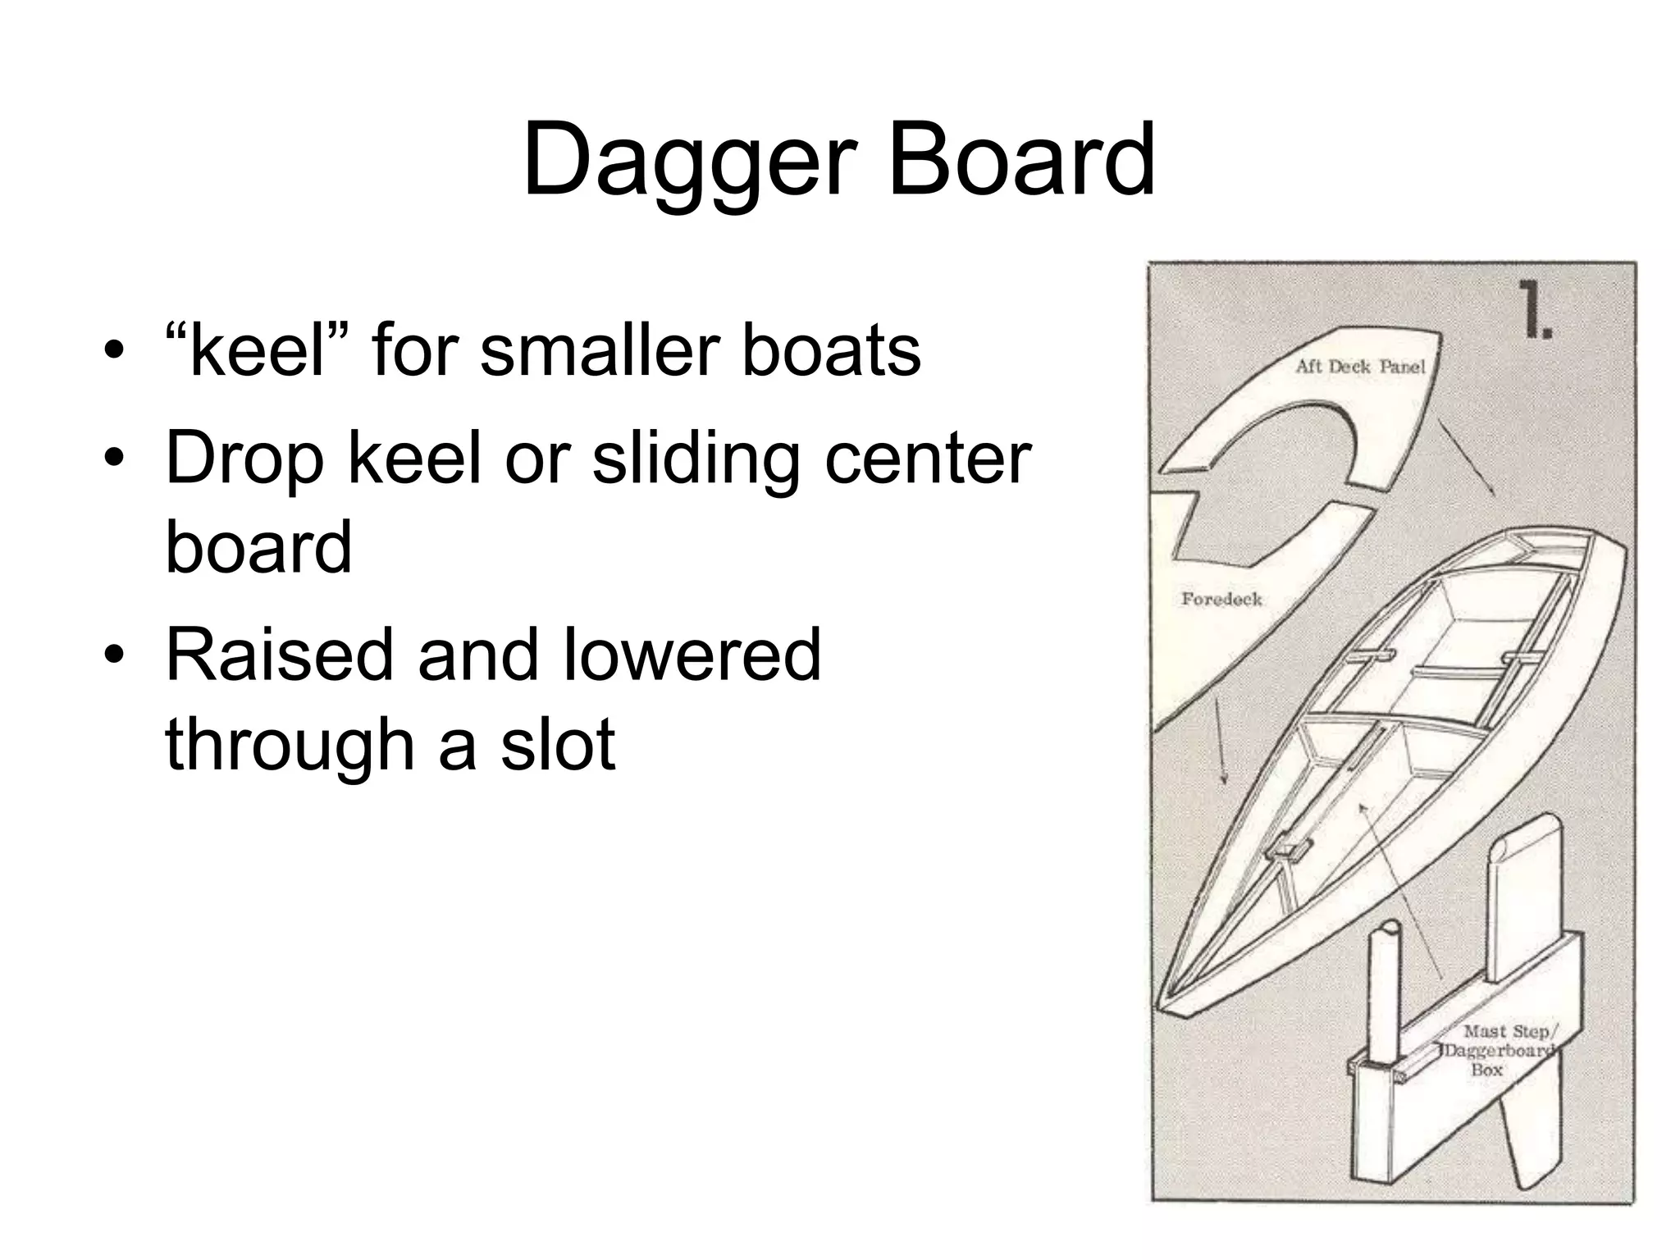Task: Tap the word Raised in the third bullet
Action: tap(280, 655)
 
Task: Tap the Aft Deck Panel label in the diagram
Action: tap(1360, 367)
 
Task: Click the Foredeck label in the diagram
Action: tap(1221, 600)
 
